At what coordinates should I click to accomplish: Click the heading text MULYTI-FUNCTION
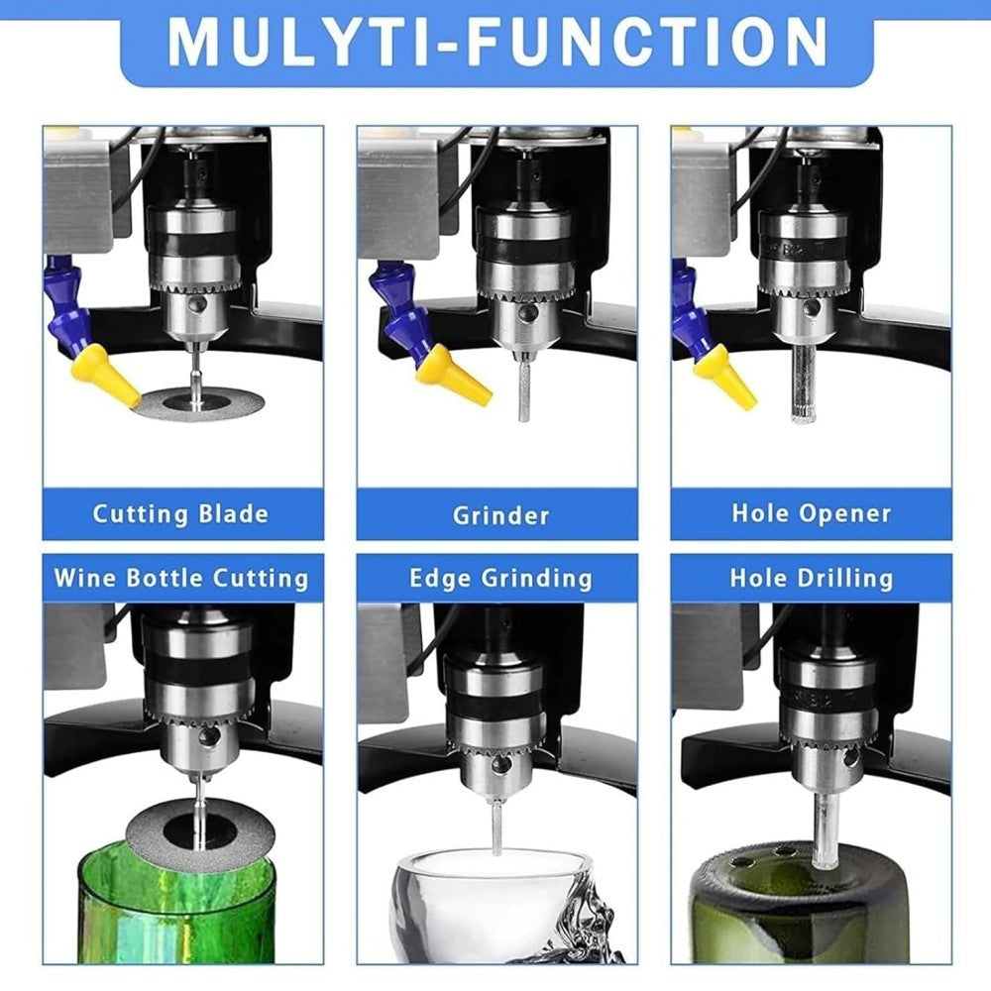(x=497, y=43)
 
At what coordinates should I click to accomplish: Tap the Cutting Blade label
(x=180, y=513)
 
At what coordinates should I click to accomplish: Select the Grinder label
(x=500, y=515)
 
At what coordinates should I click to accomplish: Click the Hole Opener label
(x=812, y=513)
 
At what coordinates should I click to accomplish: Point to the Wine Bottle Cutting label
(x=181, y=579)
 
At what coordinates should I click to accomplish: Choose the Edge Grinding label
(x=500, y=579)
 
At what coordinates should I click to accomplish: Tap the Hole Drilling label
(x=812, y=579)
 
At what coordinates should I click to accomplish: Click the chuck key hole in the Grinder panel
(x=524, y=315)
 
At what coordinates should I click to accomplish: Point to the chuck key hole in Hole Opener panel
(x=812, y=308)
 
